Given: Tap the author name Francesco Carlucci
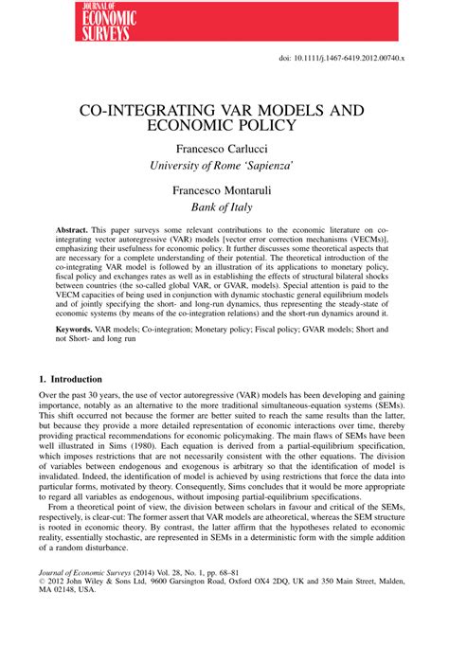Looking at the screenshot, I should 224,149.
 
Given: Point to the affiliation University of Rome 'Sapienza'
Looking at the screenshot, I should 224,166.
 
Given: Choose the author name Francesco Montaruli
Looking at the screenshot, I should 224,190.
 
